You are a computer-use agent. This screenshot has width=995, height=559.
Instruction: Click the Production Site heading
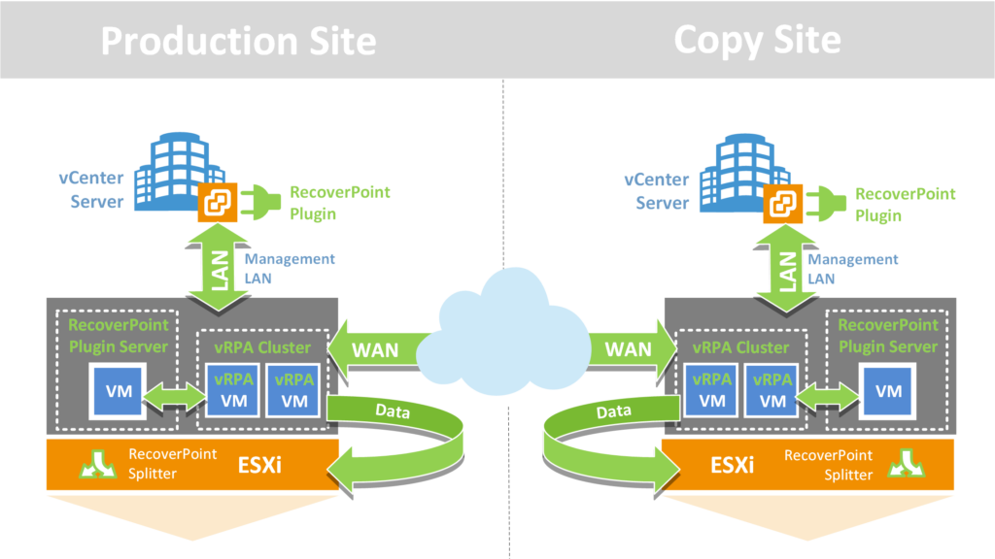coord(238,41)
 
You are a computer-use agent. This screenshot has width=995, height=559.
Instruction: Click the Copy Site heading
coord(757,41)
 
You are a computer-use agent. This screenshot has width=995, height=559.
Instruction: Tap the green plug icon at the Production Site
coord(261,201)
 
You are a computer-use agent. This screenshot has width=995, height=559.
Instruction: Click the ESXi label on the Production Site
coord(261,466)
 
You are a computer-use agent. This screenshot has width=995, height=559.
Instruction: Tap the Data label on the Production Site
coord(395,411)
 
